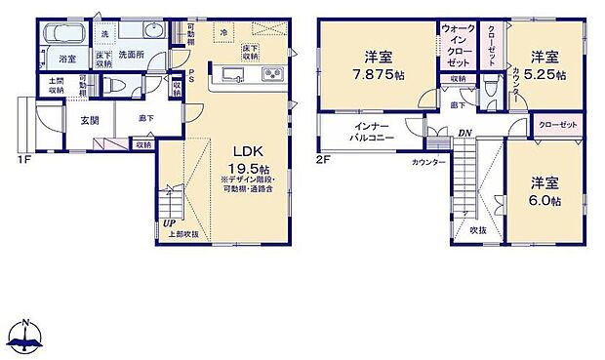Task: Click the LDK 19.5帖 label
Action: pos(245,157)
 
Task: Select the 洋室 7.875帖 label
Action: pos(378,64)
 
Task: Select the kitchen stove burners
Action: pos(268,74)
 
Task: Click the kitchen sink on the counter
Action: pos(230,74)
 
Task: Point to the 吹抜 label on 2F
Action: pos(478,229)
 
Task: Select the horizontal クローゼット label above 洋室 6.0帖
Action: pos(557,125)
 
